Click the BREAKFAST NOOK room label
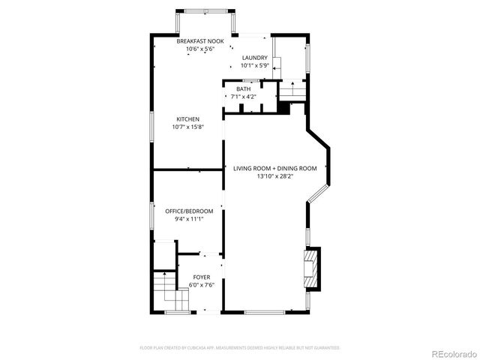pyautogui.click(x=195, y=41)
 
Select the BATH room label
pyautogui.click(x=244, y=89)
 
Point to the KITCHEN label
pyautogui.click(x=187, y=119)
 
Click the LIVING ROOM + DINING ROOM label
pyautogui.click(x=274, y=169)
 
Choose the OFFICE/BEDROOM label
pyautogui.click(x=189, y=211)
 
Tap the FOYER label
pyautogui.click(x=202, y=277)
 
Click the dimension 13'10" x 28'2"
pyautogui.click(x=274, y=177)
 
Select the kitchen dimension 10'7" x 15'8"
pyautogui.click(x=187, y=127)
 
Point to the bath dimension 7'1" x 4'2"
pyautogui.click(x=244, y=97)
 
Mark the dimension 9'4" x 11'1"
pyautogui.click(x=189, y=220)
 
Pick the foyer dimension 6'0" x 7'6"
pyautogui.click(x=202, y=286)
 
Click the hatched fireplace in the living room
pyautogui.click(x=310, y=267)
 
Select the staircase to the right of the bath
pyautogui.click(x=292, y=91)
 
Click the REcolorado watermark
pyautogui.click(x=452, y=353)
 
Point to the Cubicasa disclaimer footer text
pyautogui.click(x=240, y=348)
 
